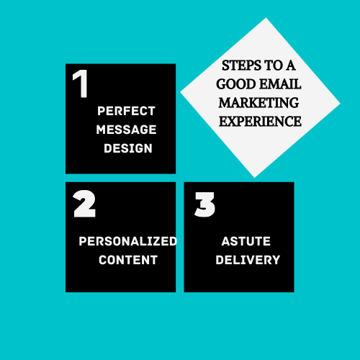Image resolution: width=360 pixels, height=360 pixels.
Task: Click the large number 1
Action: [x=81, y=84]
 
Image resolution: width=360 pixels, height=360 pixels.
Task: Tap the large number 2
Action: [x=84, y=204]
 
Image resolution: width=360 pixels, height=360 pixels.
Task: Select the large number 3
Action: [x=204, y=204]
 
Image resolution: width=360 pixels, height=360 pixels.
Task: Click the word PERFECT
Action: [x=126, y=111]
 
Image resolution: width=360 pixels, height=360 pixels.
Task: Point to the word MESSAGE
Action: [x=126, y=130]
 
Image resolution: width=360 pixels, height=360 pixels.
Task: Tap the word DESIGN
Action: [x=128, y=148]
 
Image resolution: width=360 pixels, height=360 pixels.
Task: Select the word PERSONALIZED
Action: [x=128, y=241]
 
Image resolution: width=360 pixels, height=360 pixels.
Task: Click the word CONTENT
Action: [x=128, y=260]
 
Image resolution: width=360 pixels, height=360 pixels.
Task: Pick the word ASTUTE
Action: [x=246, y=241]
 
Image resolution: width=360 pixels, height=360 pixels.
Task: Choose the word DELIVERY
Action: [x=248, y=260]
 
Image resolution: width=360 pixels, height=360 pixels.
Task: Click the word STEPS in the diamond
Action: [x=241, y=66]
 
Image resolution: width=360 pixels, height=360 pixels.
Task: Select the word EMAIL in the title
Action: [x=280, y=84]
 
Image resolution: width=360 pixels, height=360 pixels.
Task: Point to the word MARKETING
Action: [x=258, y=103]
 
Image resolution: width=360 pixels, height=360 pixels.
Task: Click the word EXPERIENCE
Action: [x=260, y=122]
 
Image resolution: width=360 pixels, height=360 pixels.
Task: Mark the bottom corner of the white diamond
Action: [x=255, y=178]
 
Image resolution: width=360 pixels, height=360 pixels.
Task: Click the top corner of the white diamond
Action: [x=266, y=18]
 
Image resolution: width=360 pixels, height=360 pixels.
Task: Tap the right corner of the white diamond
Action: [x=340, y=104]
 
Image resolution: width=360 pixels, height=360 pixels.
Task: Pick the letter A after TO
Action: [x=290, y=66]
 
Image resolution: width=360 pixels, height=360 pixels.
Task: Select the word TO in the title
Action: [x=273, y=66]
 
